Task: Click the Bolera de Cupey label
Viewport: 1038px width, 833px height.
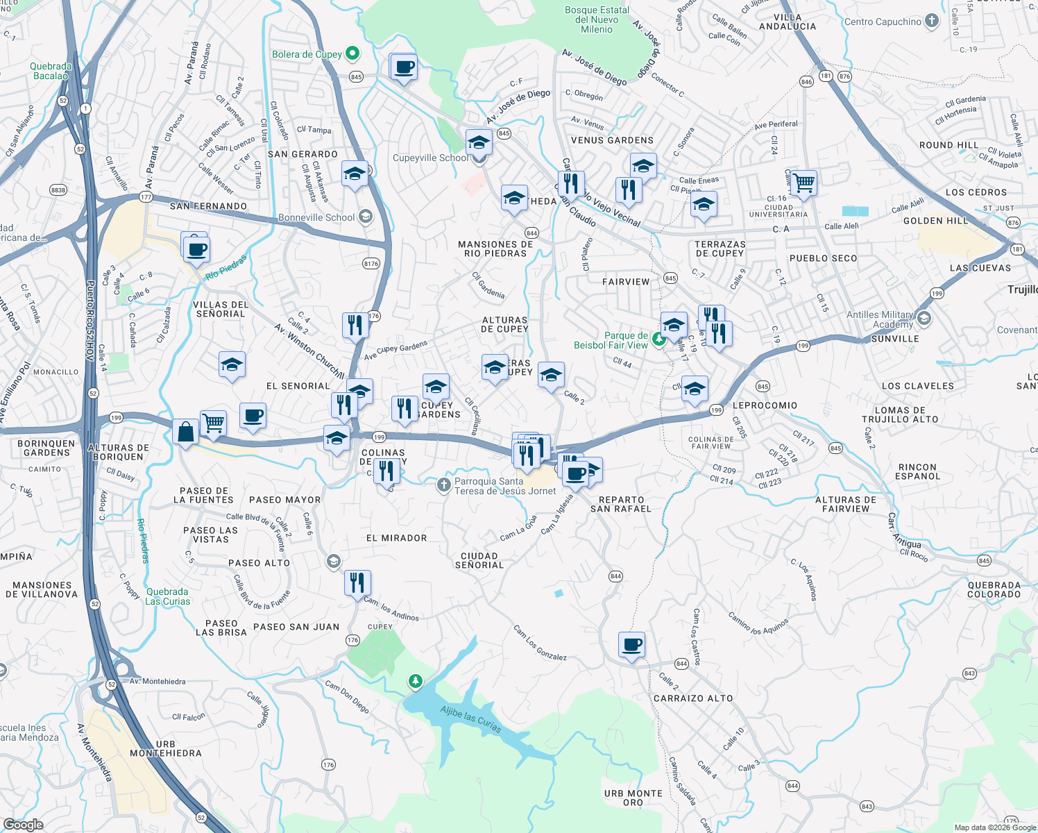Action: (307, 54)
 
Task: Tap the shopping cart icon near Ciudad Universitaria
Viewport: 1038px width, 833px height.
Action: (803, 183)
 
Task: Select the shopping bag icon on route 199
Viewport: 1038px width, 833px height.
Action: (185, 432)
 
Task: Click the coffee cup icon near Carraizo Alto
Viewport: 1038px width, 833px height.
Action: (631, 645)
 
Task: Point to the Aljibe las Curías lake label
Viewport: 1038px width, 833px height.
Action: (470, 718)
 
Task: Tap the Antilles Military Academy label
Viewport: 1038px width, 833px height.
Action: (880, 319)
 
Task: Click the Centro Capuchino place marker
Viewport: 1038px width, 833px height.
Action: (932, 21)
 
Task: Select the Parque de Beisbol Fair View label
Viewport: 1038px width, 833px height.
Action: (611, 340)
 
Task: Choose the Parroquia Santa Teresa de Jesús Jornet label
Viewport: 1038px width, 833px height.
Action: (504, 486)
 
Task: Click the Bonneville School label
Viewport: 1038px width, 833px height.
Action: (316, 217)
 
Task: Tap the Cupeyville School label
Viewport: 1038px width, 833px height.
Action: (430, 158)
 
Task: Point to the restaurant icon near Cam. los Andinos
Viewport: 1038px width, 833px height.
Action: (357, 582)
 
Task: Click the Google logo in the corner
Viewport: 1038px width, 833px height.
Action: (23, 824)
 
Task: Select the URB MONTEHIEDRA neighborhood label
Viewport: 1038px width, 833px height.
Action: (166, 748)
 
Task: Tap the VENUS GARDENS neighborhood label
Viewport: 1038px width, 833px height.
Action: (612, 140)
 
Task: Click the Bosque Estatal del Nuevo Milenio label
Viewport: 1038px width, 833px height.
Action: (597, 19)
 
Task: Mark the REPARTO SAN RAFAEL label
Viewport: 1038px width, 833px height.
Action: (621, 504)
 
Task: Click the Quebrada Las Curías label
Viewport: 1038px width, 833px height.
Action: (167, 596)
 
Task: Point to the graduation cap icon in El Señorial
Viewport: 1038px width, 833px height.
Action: (232, 364)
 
